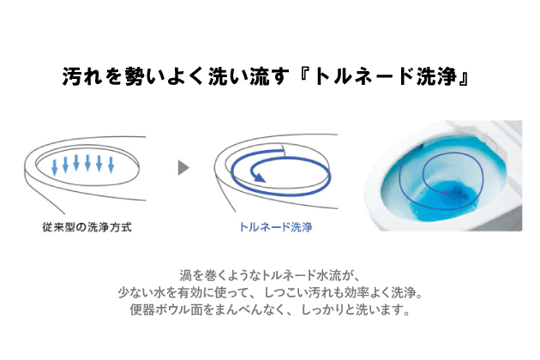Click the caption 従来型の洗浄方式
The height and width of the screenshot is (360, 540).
[87, 227]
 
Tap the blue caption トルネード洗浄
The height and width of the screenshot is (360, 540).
[275, 227]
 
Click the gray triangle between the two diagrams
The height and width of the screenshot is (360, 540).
[183, 168]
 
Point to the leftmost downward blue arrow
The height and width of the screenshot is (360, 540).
[54, 167]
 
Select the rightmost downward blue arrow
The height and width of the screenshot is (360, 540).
[111, 165]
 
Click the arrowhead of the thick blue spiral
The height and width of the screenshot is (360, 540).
[258, 177]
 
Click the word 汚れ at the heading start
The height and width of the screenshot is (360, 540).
[82, 76]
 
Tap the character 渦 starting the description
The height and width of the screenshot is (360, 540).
[186, 276]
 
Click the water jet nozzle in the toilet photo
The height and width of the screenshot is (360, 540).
[421, 146]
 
